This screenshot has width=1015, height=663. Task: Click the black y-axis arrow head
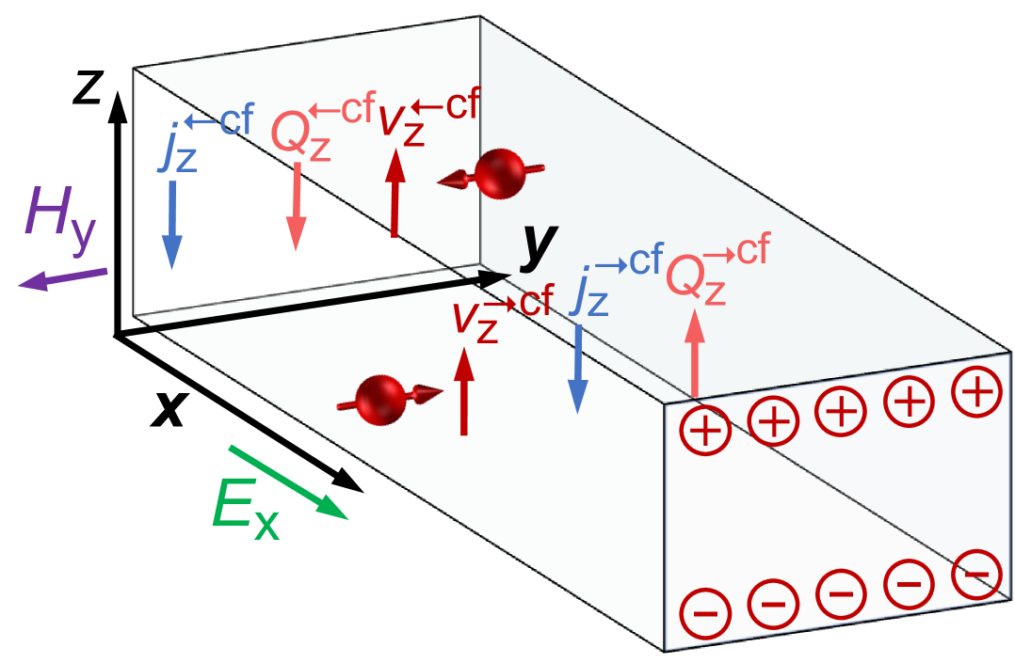click(x=493, y=277)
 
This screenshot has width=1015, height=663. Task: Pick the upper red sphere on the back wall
click(x=498, y=174)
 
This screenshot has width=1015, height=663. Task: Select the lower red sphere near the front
click(x=380, y=398)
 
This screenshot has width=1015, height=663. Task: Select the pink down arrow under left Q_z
click(x=297, y=207)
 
